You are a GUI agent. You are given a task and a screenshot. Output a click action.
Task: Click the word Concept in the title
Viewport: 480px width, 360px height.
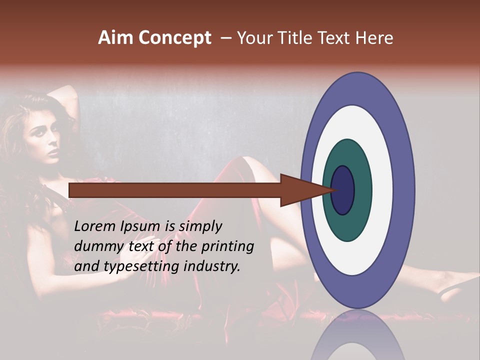click(x=174, y=38)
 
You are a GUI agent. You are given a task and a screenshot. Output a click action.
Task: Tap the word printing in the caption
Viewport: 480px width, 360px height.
click(x=228, y=247)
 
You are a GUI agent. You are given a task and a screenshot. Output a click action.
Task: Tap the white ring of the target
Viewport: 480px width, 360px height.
click(x=382, y=190)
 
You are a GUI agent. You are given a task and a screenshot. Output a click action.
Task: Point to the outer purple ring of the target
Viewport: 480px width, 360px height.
click(x=404, y=190)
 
